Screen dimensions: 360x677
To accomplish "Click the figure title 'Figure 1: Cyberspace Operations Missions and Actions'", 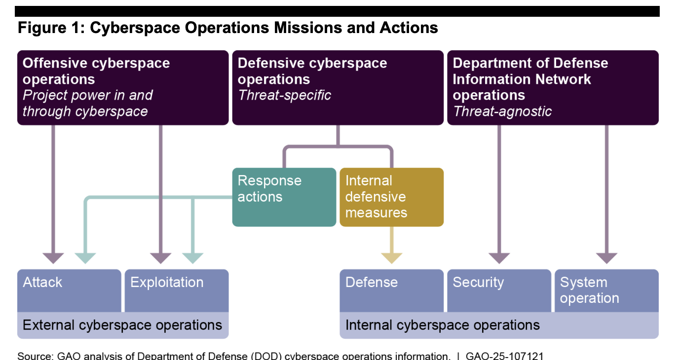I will pyautogui.click(x=227, y=28).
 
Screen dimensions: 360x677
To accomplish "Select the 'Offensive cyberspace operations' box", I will pyautogui.click(x=123, y=87).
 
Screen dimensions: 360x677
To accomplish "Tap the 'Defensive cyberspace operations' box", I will pyautogui.click(x=338, y=87).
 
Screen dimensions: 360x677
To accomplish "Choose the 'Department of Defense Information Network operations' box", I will pyautogui.click(x=553, y=87).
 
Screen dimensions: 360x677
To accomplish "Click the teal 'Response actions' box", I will pyautogui.click(x=284, y=197).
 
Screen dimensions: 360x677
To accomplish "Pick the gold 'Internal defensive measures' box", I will pyautogui.click(x=391, y=197).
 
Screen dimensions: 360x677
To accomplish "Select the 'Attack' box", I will pyautogui.click(x=69, y=290).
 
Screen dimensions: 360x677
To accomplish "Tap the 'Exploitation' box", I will pyautogui.click(x=176, y=290).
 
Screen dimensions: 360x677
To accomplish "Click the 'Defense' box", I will pyautogui.click(x=391, y=290).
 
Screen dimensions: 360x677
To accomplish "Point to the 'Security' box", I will pyautogui.click(x=498, y=290).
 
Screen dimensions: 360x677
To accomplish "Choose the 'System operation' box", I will pyautogui.click(x=606, y=290).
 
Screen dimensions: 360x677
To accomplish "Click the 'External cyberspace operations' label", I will pyautogui.click(x=122, y=325).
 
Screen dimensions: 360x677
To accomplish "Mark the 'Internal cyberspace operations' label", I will pyautogui.click(x=498, y=325).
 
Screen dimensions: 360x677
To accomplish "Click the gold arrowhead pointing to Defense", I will pyautogui.click(x=392, y=258).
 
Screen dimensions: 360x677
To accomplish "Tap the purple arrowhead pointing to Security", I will pyautogui.click(x=499, y=258).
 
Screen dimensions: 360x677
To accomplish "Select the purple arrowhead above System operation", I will pyautogui.click(x=606, y=258).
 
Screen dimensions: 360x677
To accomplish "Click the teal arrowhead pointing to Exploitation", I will pyautogui.click(x=192, y=258).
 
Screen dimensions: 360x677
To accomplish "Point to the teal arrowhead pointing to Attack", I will pyautogui.click(x=85, y=258).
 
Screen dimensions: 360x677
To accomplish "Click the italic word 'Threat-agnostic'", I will pyautogui.click(x=502, y=111).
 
